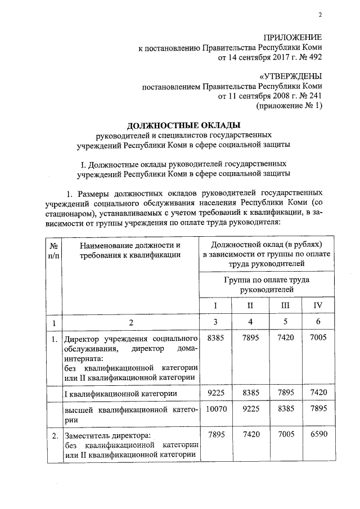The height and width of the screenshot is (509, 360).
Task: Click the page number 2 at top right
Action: pyautogui.click(x=319, y=15)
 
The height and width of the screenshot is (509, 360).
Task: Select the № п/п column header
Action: pyautogui.click(x=54, y=250)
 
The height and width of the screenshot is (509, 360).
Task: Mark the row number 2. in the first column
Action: pyautogui.click(x=54, y=435)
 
